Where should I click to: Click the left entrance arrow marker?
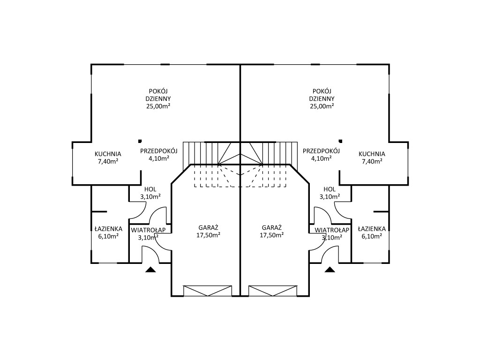[x=150, y=270]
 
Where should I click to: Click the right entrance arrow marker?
[x=330, y=270]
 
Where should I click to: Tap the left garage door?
[x=208, y=291]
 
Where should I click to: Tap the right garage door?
[x=273, y=291]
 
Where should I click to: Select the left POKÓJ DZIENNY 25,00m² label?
[x=158, y=99]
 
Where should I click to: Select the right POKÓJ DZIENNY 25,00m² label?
[x=322, y=99]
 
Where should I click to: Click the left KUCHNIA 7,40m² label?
[x=108, y=157]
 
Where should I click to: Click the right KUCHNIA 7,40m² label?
[x=372, y=157]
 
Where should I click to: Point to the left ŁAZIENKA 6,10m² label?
[x=108, y=232]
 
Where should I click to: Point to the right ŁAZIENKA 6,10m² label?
[x=372, y=232]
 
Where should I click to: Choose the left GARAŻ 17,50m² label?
[x=208, y=232]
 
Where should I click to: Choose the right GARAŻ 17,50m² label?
[x=271, y=232]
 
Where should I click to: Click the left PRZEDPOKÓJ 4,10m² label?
[x=159, y=155]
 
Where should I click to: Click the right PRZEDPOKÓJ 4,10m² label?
[x=321, y=155]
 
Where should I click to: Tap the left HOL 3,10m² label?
[x=150, y=193]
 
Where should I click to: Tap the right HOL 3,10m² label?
[x=330, y=193]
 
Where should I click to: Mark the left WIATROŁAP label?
[x=148, y=230]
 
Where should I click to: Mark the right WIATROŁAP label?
[x=332, y=230]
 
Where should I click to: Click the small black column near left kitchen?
[x=140, y=141]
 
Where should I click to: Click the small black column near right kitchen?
[x=340, y=141]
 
